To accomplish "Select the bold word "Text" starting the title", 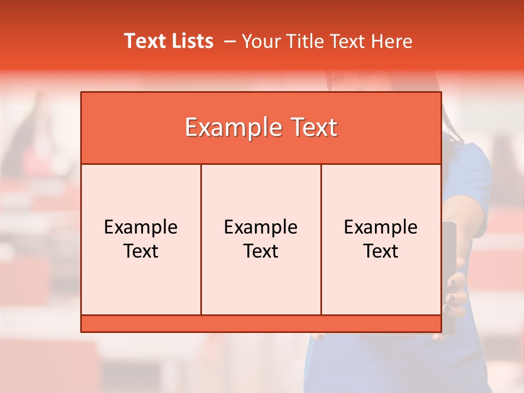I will pyautogui.click(x=144, y=41).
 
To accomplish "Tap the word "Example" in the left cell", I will pyautogui.click(x=141, y=227).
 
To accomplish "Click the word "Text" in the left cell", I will pyautogui.click(x=141, y=251).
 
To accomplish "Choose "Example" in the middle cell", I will pyautogui.click(x=261, y=227).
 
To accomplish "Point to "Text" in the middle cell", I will pyautogui.click(x=261, y=251).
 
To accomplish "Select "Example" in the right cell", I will pyautogui.click(x=381, y=227).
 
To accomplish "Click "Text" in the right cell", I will pyautogui.click(x=381, y=251).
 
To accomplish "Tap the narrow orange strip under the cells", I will pyautogui.click(x=261, y=323).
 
